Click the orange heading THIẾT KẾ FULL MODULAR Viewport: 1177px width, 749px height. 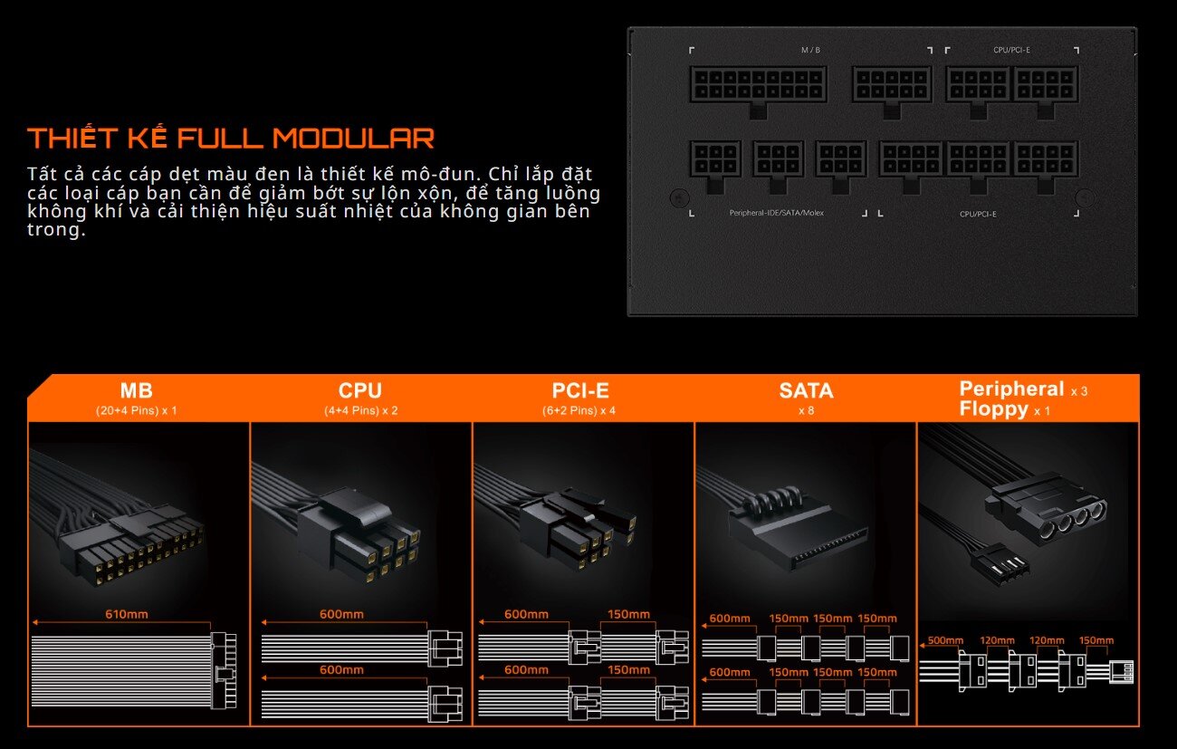point(231,139)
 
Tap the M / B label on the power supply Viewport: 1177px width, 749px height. point(810,50)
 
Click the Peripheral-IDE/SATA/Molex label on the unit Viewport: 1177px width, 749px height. point(776,213)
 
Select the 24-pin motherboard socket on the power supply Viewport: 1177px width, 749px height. point(758,84)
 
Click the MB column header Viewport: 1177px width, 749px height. point(136,390)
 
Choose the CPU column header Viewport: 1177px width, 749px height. point(360,390)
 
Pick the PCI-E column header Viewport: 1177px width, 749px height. point(580,390)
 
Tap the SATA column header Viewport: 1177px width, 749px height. point(806,390)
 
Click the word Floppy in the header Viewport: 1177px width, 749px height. point(993,409)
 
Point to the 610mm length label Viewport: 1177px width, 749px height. point(127,614)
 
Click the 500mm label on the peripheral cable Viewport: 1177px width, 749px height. point(945,640)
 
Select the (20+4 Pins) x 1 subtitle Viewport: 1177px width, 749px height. point(136,410)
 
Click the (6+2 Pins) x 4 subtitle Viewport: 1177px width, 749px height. point(579,410)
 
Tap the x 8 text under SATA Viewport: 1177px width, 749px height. point(806,410)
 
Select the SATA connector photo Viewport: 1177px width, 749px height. point(797,531)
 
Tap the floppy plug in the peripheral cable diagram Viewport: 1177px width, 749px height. point(1121,672)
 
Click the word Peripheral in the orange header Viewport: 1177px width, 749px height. point(1011,389)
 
